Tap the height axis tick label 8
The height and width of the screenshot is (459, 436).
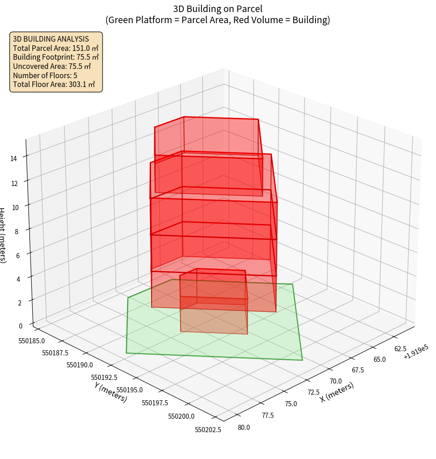pyautogui.click(x=17, y=231)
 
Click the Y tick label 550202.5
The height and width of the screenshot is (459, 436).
pyautogui.click(x=208, y=429)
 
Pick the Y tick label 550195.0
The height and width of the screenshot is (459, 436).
pyautogui.click(x=130, y=391)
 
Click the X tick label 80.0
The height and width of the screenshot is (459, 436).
pyautogui.click(x=243, y=428)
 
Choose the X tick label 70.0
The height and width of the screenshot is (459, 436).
pyautogui.click(x=336, y=381)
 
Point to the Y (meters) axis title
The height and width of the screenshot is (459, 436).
pyautogui.click(x=110, y=391)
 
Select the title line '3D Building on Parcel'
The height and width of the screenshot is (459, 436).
pyautogui.click(x=218, y=9)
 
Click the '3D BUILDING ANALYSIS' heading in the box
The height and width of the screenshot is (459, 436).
pyautogui.click(x=51, y=39)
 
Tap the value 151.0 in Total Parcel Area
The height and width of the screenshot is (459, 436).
pyautogui.click(x=81, y=48)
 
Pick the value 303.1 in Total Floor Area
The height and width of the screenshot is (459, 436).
pyautogui.click(x=77, y=85)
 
